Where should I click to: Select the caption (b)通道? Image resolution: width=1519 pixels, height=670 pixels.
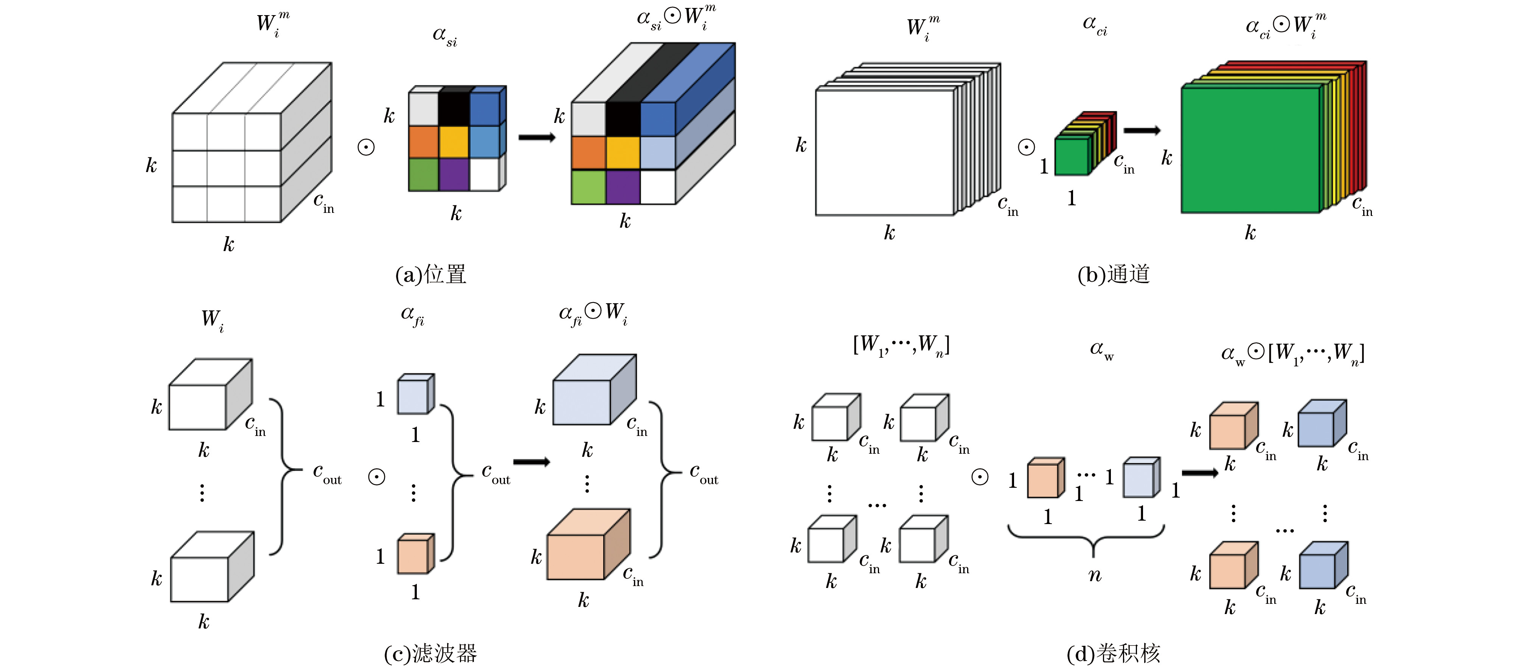[x=1113, y=275]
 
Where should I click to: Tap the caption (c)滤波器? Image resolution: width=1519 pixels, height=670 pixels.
[x=430, y=653]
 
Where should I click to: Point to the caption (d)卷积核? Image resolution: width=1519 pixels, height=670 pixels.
[x=1113, y=653]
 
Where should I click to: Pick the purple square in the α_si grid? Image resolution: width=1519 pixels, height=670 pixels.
[x=454, y=174]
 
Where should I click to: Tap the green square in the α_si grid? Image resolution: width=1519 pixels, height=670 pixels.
[x=423, y=174]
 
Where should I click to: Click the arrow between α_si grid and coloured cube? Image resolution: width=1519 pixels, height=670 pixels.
[x=537, y=137]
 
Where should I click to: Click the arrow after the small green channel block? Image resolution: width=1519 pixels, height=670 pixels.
[x=1142, y=130]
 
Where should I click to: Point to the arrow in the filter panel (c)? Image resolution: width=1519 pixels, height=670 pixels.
[x=531, y=462]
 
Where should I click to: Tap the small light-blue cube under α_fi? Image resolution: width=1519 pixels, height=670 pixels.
[x=416, y=394]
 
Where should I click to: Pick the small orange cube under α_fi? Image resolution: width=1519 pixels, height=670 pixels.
[x=416, y=553]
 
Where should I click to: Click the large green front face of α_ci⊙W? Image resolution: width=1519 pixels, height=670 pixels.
[x=1250, y=150]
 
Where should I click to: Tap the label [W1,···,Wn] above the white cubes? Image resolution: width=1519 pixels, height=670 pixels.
[x=901, y=345]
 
